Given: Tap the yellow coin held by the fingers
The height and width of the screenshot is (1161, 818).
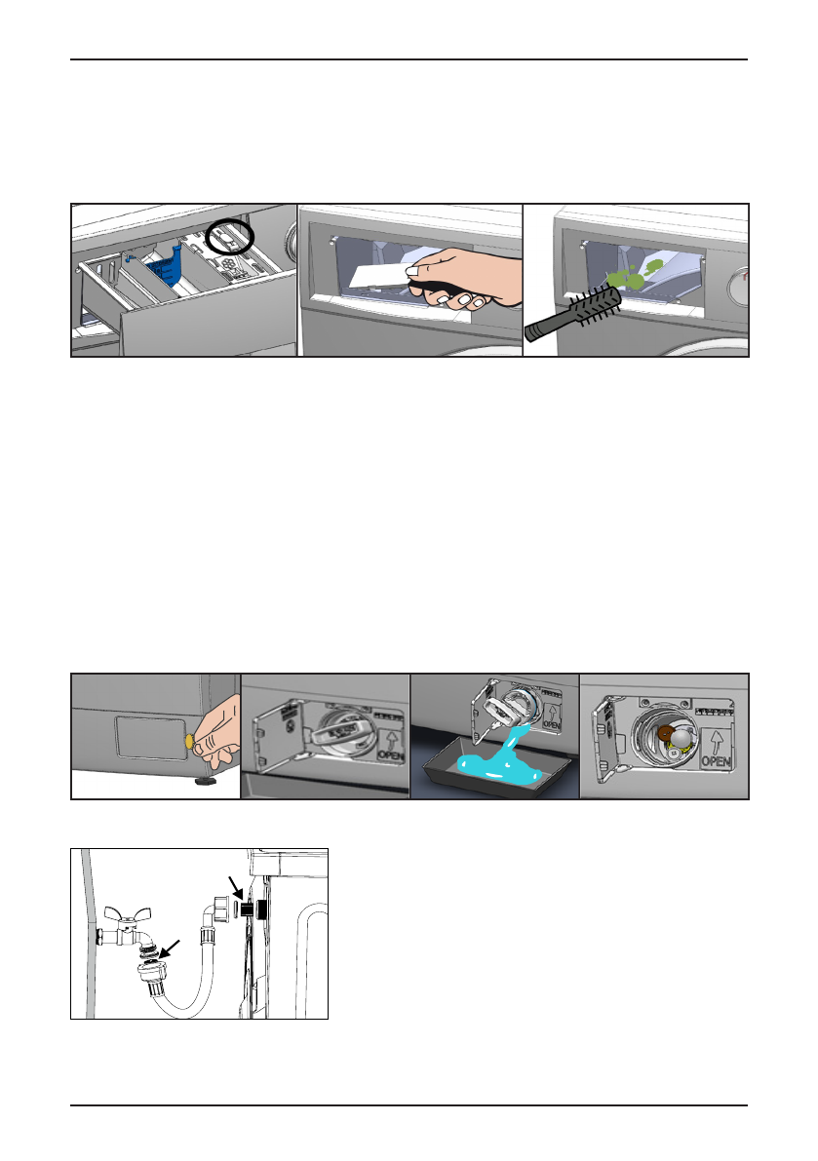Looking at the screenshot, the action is point(186,743).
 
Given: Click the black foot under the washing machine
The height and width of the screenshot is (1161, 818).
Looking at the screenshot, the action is point(205,781).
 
